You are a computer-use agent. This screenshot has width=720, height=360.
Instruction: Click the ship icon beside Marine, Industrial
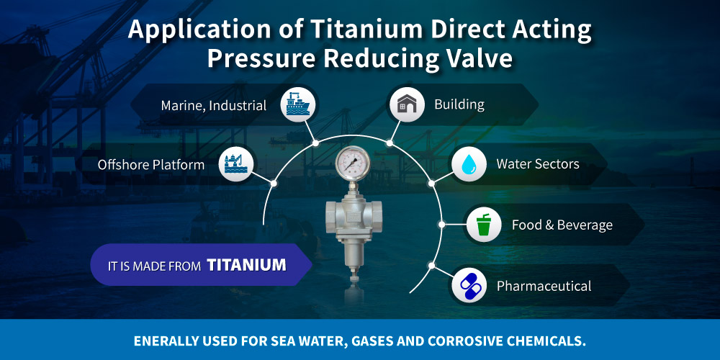pyautogui.click(x=295, y=104)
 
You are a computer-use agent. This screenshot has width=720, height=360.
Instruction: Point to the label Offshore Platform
pyautogui.click(x=151, y=165)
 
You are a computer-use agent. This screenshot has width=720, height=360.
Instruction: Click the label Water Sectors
pyautogui.click(x=537, y=164)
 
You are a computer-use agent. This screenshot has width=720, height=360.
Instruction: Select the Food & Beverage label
pyautogui.click(x=562, y=225)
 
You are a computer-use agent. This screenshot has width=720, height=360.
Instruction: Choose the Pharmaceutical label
pyautogui.click(x=544, y=287)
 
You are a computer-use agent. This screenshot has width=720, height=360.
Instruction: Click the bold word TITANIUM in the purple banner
pyautogui.click(x=246, y=265)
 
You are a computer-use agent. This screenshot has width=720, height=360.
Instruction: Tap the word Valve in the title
pyautogui.click(x=477, y=58)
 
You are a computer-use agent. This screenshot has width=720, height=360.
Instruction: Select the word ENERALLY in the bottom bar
pyautogui.click(x=172, y=339)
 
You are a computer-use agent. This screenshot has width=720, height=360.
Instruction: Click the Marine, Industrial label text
pyautogui.click(x=213, y=106)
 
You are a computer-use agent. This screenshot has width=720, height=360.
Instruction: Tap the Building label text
pyautogui.click(x=459, y=104)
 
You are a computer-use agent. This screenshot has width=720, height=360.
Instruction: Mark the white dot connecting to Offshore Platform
pyautogui.click(x=274, y=183)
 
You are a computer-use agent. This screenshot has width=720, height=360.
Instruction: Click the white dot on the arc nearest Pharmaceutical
pyautogui.click(x=431, y=266)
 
